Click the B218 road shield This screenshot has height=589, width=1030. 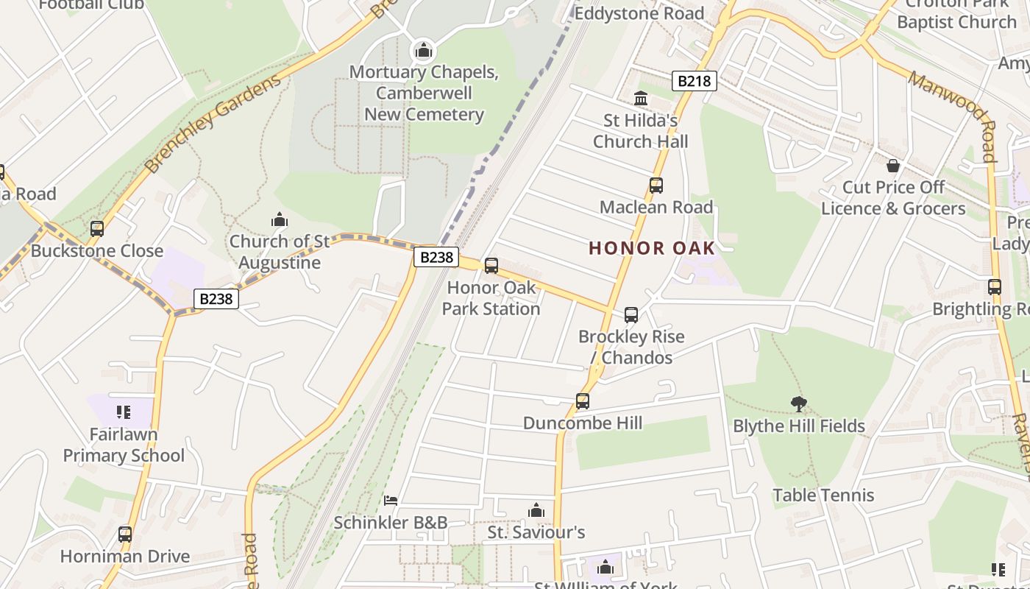(x=694, y=81)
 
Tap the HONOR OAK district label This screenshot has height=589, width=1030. (x=652, y=248)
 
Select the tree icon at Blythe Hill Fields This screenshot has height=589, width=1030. (x=798, y=403)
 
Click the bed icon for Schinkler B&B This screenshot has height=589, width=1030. (x=391, y=501)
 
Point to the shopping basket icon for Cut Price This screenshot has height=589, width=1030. (x=892, y=166)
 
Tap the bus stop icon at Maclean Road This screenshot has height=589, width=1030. (x=656, y=186)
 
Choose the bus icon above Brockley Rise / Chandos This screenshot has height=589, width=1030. (x=631, y=315)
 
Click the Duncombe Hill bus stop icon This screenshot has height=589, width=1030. (x=582, y=401)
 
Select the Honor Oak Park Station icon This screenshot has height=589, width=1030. (x=491, y=266)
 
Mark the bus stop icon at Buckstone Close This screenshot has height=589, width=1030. (x=96, y=229)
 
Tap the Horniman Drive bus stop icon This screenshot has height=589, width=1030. (x=125, y=535)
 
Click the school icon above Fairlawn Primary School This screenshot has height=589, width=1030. (x=124, y=412)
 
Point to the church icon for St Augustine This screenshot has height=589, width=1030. (x=279, y=219)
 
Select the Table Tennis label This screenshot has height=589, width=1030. (x=823, y=495)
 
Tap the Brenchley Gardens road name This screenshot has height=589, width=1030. (x=213, y=124)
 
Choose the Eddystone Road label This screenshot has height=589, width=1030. (x=639, y=13)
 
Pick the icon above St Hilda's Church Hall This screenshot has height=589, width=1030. (x=641, y=98)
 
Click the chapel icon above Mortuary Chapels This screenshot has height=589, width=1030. (x=423, y=51)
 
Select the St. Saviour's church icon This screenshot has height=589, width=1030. (x=536, y=510)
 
